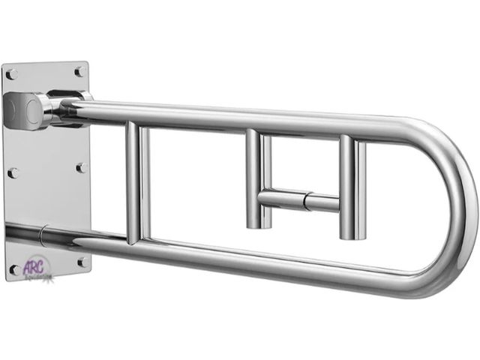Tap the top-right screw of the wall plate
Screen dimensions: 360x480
click(78, 71)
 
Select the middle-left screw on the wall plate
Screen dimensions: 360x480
click(12, 172)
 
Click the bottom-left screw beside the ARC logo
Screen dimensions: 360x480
click(13, 268)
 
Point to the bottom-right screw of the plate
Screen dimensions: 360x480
click(81, 262)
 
